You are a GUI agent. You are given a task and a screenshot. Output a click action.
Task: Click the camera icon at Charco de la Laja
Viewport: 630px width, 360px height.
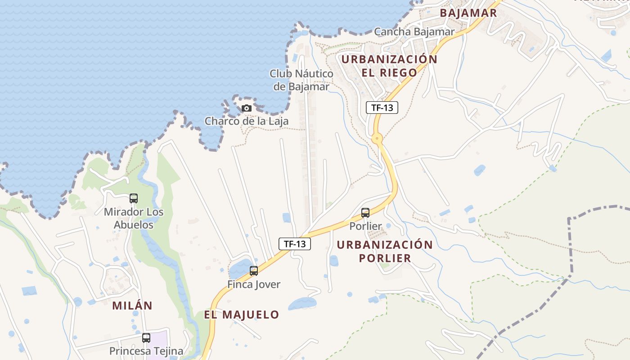[x=246, y=108]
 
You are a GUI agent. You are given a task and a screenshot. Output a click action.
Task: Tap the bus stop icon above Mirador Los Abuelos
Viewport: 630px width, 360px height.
[x=134, y=198]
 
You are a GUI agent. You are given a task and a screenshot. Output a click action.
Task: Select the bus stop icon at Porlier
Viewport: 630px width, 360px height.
[x=365, y=213]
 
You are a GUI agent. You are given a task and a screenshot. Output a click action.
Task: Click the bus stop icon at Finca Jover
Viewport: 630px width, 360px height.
[x=254, y=271]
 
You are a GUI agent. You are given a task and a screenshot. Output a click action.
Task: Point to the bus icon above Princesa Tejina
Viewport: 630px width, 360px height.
[x=146, y=338]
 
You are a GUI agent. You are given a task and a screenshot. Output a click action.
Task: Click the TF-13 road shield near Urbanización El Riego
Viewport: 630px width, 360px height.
[x=382, y=108]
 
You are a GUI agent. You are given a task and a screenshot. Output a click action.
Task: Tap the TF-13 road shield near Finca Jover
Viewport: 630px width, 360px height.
[x=295, y=244]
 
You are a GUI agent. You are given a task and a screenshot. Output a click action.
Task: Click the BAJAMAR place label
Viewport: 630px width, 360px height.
[x=468, y=13]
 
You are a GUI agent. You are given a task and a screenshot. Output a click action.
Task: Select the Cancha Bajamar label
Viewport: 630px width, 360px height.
[x=414, y=31]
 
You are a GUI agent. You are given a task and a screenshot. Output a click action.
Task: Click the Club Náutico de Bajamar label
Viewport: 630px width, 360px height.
[x=301, y=80]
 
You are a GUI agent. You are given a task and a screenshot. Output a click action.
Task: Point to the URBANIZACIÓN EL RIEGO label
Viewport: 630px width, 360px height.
[x=389, y=66]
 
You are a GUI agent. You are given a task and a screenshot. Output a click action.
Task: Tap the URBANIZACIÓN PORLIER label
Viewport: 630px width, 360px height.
[x=385, y=251]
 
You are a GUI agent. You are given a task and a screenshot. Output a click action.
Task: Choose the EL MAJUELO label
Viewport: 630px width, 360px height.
[x=242, y=315]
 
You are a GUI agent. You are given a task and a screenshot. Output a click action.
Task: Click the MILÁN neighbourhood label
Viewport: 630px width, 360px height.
[x=132, y=306]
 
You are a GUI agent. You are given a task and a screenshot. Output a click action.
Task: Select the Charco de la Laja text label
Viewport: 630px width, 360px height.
[x=247, y=121]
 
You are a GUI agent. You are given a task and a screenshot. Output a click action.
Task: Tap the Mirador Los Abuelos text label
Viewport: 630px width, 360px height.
[x=134, y=218]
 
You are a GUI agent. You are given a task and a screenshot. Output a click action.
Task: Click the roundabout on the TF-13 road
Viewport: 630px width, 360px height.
[x=377, y=138]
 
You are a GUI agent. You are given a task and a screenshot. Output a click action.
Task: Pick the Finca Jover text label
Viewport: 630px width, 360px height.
[x=254, y=284]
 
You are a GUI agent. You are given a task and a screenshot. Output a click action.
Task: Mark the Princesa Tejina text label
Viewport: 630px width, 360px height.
[x=146, y=351]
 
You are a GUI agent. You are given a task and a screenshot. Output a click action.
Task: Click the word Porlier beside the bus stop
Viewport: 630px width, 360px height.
[x=365, y=226]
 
